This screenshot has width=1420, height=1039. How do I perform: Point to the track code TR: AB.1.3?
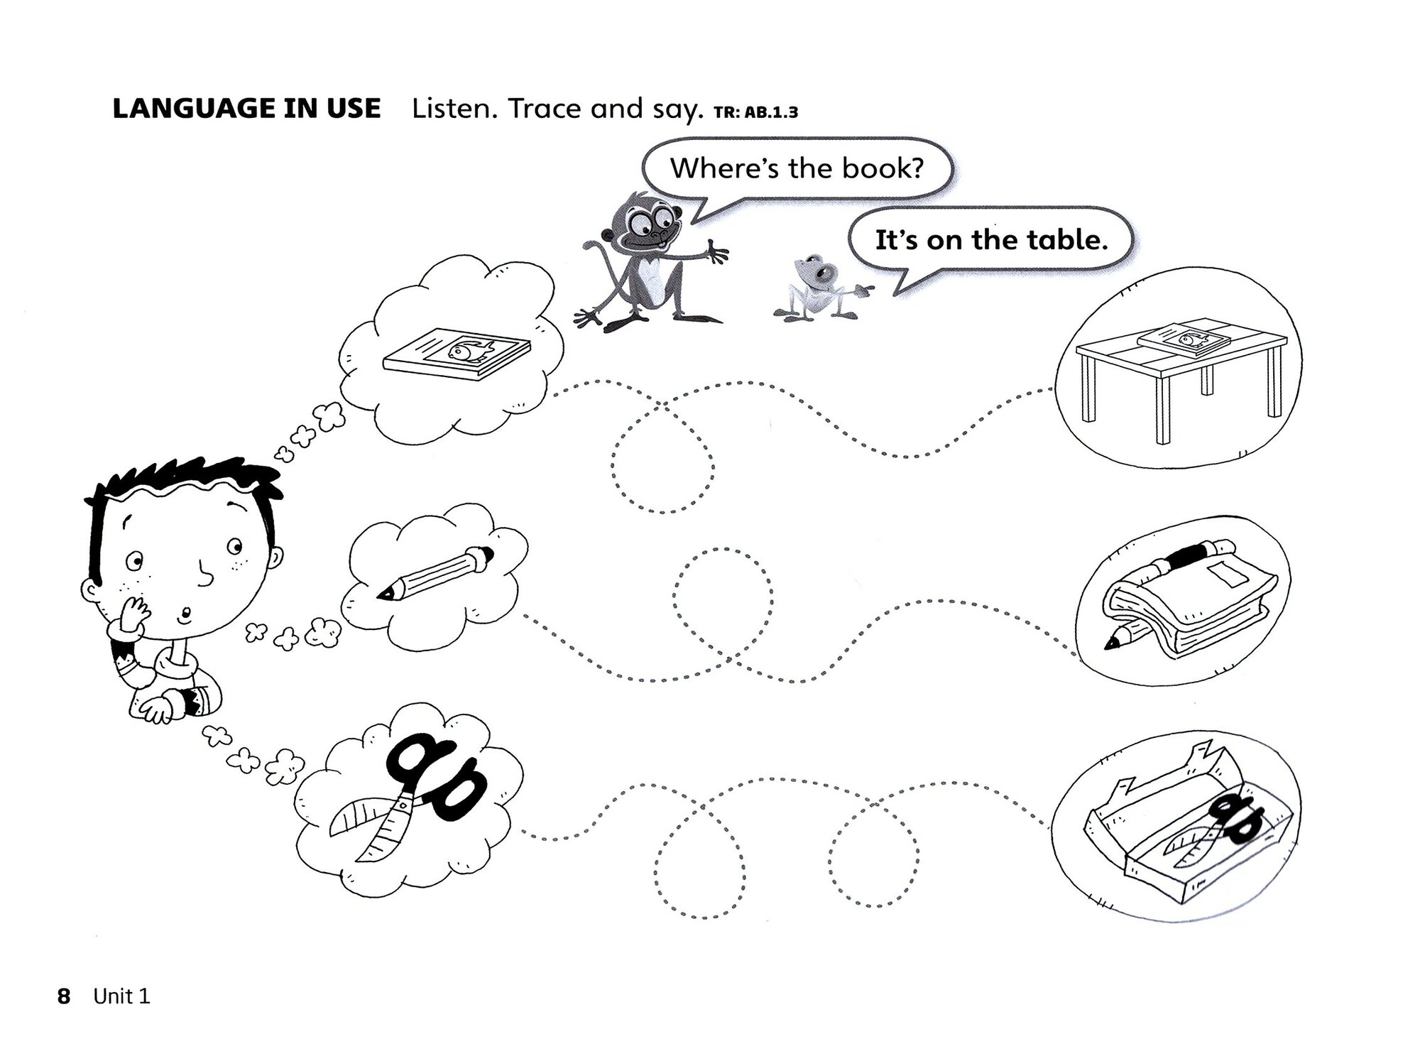(755, 112)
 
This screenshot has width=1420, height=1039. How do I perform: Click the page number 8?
(64, 996)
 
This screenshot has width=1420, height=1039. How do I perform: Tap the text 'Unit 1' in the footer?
(122, 996)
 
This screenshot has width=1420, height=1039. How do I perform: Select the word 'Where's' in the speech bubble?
(717, 168)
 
